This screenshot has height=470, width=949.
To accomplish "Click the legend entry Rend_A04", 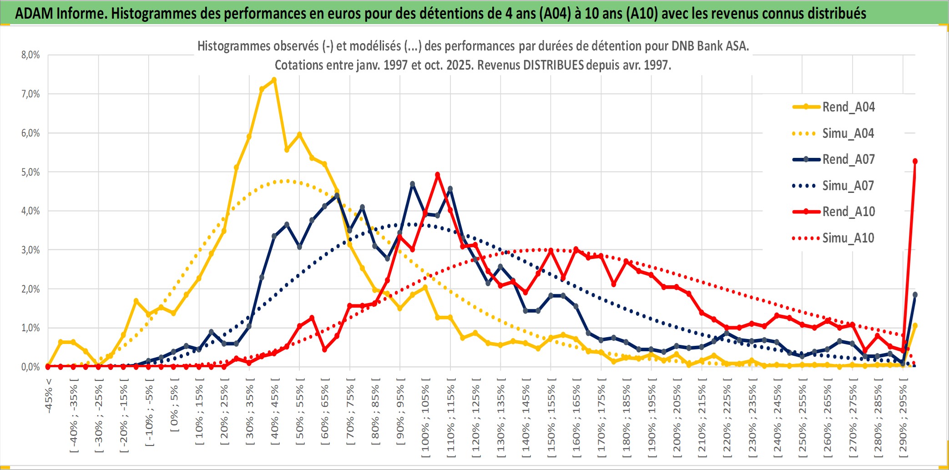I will tap(848, 107).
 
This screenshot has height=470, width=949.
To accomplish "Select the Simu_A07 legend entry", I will tap(848, 186).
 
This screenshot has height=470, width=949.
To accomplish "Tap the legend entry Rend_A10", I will tap(848, 212).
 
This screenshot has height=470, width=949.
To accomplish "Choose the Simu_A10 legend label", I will tap(848, 238).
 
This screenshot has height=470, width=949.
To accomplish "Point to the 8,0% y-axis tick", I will tap(30, 55).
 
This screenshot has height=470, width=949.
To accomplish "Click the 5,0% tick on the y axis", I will tap(30, 172).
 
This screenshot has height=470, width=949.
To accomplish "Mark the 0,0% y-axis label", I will tap(30, 367).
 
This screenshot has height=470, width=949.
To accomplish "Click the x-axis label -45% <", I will tap(49, 396).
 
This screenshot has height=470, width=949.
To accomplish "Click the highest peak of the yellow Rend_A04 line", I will tap(274, 80).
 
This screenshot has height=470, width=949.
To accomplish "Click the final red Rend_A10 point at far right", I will tap(915, 161).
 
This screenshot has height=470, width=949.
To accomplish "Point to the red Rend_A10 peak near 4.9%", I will tap(438, 174).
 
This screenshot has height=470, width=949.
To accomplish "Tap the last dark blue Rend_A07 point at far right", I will tap(915, 295).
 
